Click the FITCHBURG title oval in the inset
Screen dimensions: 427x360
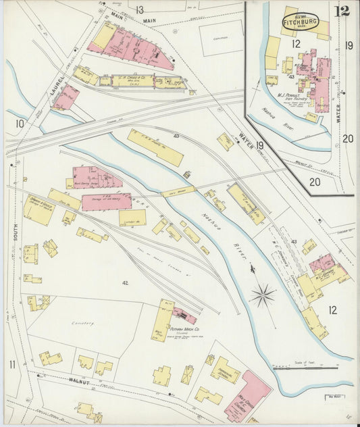(297, 20)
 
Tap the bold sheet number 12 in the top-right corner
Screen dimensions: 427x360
(342, 11)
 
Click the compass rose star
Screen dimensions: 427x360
(263, 295)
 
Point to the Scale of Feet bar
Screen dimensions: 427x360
(305, 368)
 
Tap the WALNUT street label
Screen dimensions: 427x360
(79, 381)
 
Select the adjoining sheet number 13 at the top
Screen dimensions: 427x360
(139, 9)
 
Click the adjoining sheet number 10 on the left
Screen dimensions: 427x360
(20, 123)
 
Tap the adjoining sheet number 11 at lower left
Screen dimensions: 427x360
(12, 365)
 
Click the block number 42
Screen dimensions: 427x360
(125, 282)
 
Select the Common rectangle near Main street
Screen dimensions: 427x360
(221, 37)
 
